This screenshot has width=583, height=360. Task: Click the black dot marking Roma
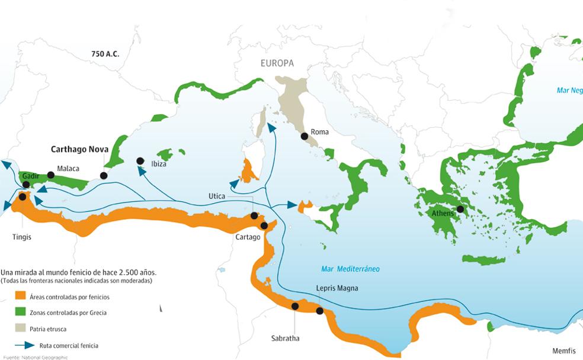coord(304,136)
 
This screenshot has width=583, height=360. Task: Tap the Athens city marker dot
coord(460,209)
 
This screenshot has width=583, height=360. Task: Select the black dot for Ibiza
coord(140,160)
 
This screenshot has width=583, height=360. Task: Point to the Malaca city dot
coord(51,175)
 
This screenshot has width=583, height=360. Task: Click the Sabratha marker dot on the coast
coord(295,306)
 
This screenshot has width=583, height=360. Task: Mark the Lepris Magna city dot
coord(320,311)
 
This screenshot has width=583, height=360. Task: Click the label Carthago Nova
coord(79,149)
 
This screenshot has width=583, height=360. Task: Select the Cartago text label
coord(248,237)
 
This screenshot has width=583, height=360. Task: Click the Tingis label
coord(21,237)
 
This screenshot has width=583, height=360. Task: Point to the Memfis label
coord(563,351)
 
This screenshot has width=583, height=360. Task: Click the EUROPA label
coord(277,63)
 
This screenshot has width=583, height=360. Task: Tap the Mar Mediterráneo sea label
coord(350,269)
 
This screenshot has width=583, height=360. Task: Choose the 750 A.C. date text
coord(105,54)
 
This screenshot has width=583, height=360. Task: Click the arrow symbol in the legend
coord(23,345)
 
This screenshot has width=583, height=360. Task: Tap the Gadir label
coord(30,176)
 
